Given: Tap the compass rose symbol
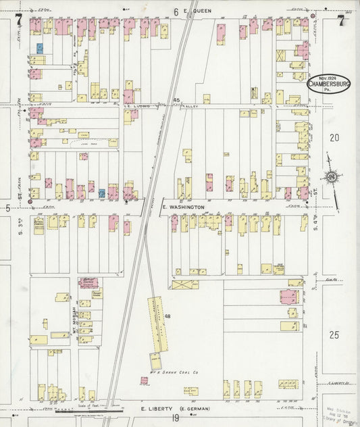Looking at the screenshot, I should [x=332, y=178].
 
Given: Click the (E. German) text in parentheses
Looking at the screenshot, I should [x=194, y=409].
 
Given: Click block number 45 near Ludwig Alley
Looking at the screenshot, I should [x=176, y=100].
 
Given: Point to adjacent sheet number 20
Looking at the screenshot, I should [x=333, y=137].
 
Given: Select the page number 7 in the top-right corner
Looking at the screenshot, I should [x=341, y=22].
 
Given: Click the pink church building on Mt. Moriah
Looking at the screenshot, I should [x=88, y=282].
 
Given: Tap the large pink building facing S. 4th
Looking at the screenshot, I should [x=288, y=297].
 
